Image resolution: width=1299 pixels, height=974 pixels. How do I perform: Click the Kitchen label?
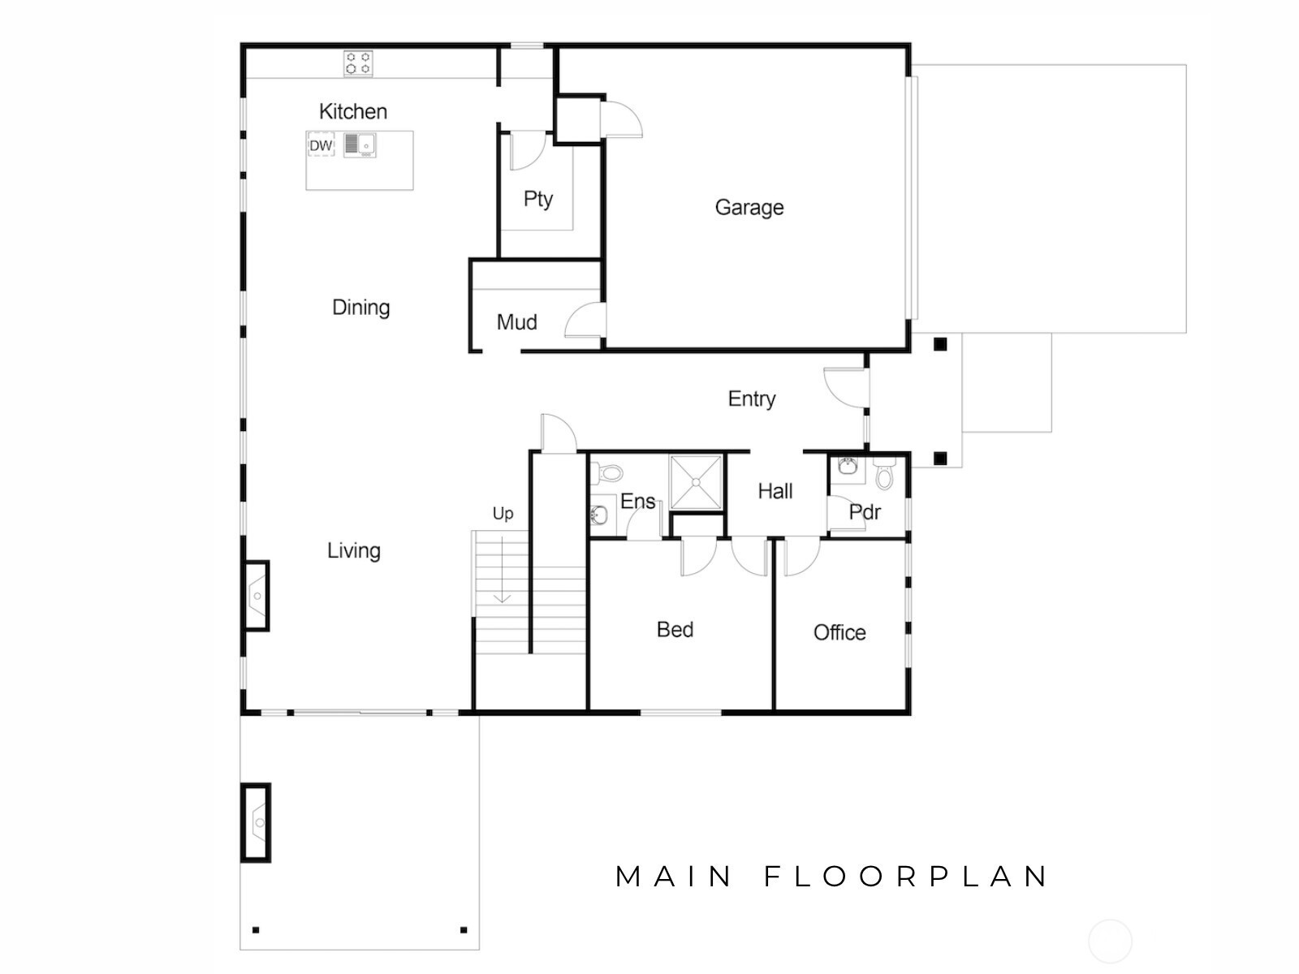352,111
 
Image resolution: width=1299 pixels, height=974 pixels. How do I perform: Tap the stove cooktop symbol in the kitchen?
358,63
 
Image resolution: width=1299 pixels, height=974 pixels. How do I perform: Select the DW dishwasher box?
322,146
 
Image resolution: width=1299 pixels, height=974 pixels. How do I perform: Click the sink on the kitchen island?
359,145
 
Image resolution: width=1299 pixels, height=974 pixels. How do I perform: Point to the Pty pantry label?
537,199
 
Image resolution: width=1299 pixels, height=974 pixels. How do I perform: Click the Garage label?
749,208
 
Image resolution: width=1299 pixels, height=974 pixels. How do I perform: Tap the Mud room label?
516,322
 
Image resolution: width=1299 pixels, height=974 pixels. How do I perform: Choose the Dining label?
360,308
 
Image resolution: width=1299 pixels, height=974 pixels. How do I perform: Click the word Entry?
751,399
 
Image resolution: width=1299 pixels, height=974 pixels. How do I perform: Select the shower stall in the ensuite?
696,482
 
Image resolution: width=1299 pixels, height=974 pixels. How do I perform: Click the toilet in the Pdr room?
884,473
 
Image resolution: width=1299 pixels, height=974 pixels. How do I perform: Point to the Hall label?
775,491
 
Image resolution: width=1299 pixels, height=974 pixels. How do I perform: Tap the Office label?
839,632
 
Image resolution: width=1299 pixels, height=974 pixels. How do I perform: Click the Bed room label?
675,630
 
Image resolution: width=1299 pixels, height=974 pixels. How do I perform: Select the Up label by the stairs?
503,514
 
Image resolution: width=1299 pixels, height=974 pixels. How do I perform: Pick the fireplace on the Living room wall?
256,596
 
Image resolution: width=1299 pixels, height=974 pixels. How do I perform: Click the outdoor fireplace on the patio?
257,822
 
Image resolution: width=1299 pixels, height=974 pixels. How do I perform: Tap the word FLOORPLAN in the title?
906,877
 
